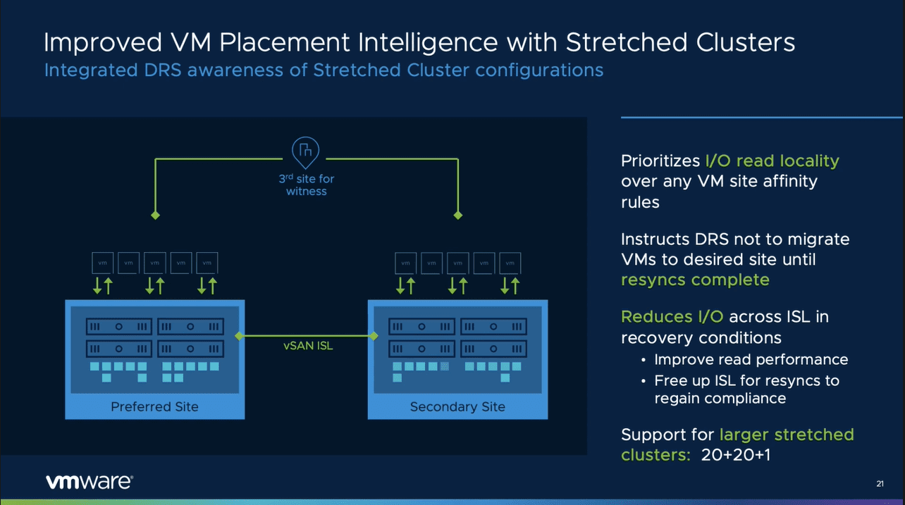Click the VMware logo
coord(89,482)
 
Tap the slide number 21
coord(880,483)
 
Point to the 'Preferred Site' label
coord(154,406)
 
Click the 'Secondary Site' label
coord(457,406)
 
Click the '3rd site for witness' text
coord(306,185)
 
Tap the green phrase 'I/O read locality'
coord(772,161)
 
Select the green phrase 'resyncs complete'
coord(694,280)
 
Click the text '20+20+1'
coord(736,455)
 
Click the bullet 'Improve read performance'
coord(751,359)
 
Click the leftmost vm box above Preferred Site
coord(103,263)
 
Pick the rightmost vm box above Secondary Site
coord(510,263)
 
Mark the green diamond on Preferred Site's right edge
coord(239,336)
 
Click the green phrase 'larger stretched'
coord(786,435)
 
